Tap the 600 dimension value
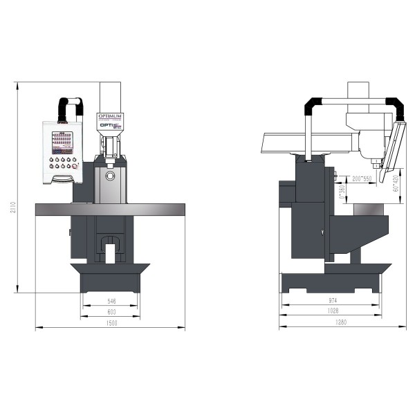(111, 313)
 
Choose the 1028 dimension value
(331, 313)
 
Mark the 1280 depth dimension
(331, 323)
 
